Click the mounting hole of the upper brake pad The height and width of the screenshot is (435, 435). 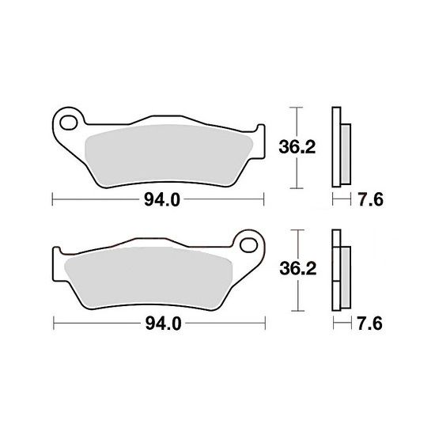[x=69, y=123]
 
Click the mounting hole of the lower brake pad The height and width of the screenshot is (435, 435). [x=249, y=245]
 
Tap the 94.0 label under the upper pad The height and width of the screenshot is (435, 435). [x=162, y=200]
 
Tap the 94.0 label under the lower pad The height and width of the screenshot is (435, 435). [x=164, y=323]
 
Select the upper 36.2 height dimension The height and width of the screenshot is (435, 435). [x=297, y=147]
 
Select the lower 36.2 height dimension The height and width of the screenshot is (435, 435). [x=298, y=269]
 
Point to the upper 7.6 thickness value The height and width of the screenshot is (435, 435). [x=370, y=200]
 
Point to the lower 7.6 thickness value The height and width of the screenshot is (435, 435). [x=369, y=323]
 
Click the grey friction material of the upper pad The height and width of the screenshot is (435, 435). [x=169, y=155]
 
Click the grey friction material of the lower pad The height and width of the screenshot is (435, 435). [x=149, y=278]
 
